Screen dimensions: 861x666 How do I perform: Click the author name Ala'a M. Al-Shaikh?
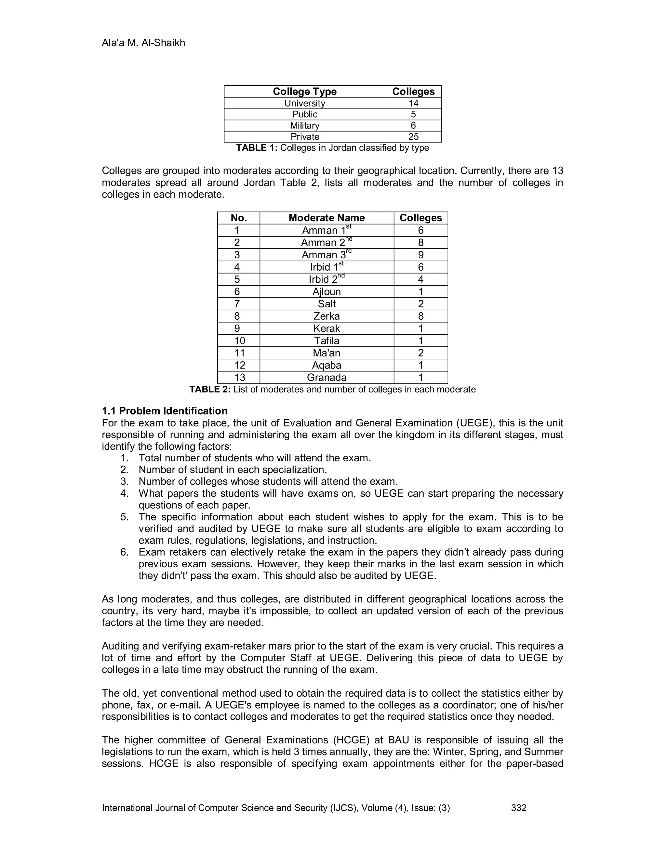coord(143,43)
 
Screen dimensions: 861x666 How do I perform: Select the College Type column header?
coord(305,92)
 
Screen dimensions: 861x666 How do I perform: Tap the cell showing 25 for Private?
coord(413,137)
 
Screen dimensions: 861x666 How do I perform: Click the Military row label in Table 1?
coord(305,125)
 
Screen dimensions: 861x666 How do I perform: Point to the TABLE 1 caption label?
coord(257,148)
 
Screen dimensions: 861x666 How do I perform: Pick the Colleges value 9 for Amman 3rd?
coord(420,255)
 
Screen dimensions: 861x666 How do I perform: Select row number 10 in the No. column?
coord(239,341)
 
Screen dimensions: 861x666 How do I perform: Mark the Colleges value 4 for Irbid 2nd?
coord(420,279)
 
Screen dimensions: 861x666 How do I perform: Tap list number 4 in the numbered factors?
coord(125,494)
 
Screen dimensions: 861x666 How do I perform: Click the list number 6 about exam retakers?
coord(125,552)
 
